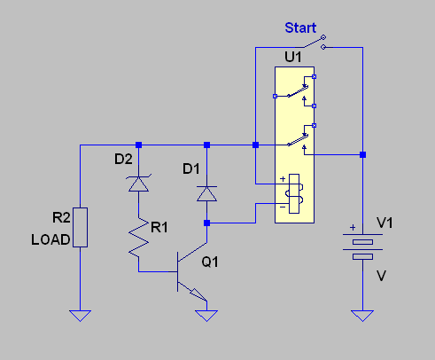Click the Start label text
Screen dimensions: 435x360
tap(300, 27)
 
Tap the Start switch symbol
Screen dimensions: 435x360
tap(315, 43)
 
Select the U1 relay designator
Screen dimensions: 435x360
tap(293, 57)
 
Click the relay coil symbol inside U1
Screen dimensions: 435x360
tap(294, 193)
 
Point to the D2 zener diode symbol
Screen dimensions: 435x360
tap(138, 184)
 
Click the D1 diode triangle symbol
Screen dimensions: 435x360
tap(206, 193)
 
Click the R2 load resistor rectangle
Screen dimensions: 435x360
tap(80, 227)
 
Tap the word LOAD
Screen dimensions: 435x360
tap(50, 239)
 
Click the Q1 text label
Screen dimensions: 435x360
tap(210, 262)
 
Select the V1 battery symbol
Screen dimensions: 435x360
tap(362, 247)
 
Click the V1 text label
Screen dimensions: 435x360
tap(385, 223)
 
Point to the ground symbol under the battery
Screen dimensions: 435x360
tap(362, 316)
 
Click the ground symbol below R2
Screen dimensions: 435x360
tap(80, 316)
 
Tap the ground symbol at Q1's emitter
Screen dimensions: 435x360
tap(206, 316)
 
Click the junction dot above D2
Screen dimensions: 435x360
tap(138, 145)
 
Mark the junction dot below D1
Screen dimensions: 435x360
tap(206, 223)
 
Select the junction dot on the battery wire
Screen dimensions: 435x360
tap(362, 154)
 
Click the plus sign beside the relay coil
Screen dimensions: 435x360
tap(283, 179)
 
